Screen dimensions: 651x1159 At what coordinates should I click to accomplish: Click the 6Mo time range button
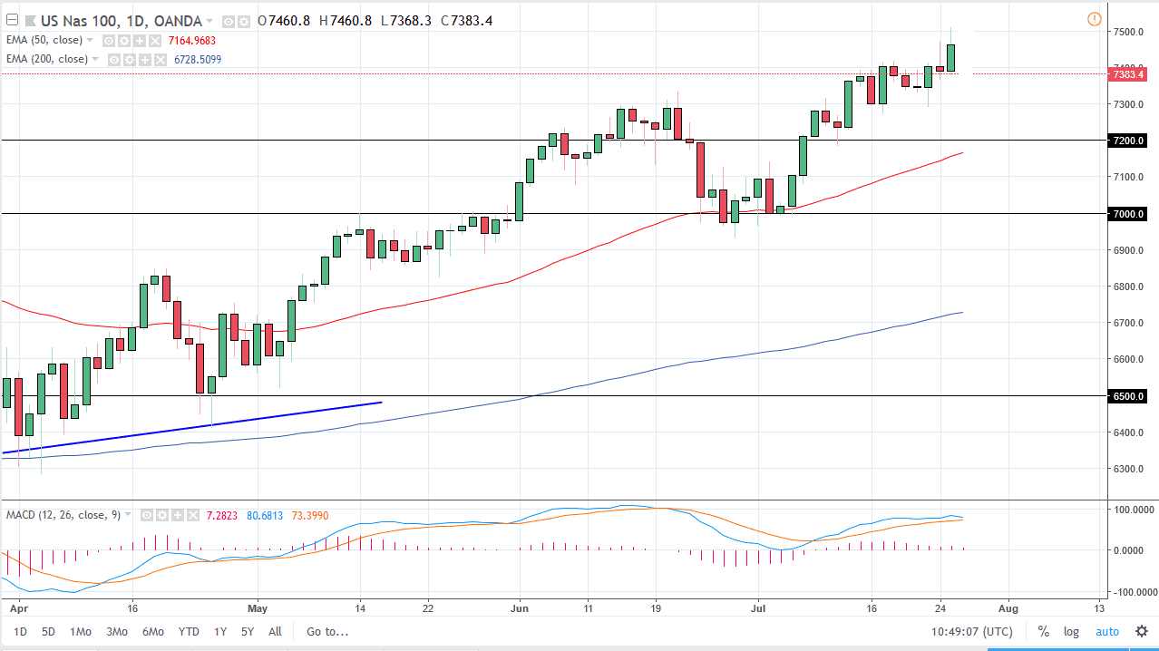tap(152, 632)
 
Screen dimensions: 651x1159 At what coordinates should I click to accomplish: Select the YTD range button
tap(189, 632)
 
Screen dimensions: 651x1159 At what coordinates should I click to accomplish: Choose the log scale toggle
tap(1072, 632)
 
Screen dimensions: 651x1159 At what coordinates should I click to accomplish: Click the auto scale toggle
tap(1106, 632)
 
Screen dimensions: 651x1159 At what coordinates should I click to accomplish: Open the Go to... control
tap(326, 632)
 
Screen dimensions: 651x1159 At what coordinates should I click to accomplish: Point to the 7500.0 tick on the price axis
tap(1128, 32)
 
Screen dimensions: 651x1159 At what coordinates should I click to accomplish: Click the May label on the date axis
tap(258, 608)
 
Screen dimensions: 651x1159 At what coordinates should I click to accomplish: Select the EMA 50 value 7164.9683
tap(192, 41)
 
